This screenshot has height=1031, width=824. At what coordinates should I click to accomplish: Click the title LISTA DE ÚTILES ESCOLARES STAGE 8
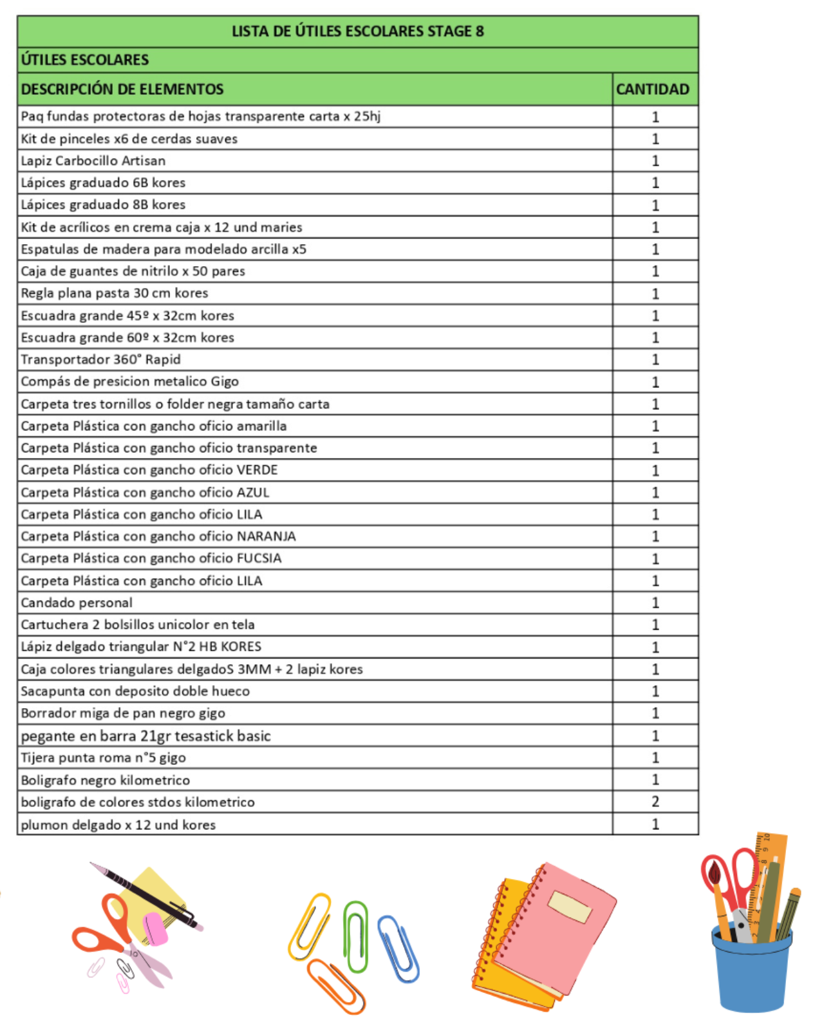357,32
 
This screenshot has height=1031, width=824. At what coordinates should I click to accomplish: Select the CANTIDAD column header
652,90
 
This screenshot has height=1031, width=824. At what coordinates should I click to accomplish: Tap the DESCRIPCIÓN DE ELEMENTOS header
122,90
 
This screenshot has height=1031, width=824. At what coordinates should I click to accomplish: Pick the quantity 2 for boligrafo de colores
655,802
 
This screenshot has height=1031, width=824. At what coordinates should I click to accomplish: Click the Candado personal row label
77,603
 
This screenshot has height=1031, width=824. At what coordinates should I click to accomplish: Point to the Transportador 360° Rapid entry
100,360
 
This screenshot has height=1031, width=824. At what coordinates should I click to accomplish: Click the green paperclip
356,936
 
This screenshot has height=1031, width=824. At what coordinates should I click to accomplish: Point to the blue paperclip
399,949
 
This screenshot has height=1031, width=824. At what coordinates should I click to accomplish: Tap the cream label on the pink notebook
570,907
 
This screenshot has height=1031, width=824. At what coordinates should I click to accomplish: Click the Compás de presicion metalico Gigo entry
129,381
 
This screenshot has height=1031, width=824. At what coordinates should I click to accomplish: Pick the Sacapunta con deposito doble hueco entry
135,691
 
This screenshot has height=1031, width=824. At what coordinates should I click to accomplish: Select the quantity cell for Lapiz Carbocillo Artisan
655,160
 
